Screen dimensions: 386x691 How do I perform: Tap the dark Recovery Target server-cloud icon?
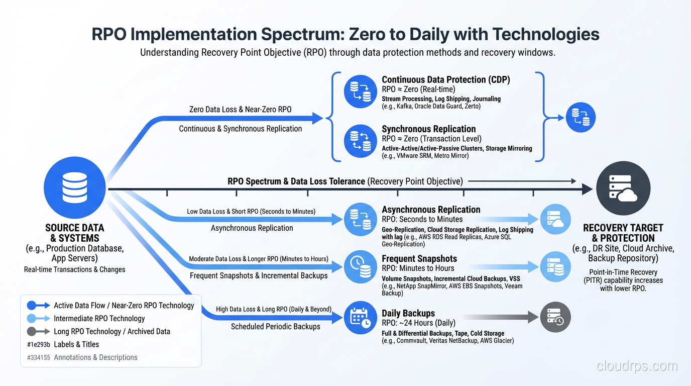623,188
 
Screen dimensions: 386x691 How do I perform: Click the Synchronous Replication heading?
428,129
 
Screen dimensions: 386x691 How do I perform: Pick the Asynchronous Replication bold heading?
431,210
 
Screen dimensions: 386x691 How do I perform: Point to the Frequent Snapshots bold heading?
419,259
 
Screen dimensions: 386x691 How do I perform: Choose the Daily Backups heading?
408,313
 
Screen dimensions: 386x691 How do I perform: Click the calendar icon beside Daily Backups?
360,318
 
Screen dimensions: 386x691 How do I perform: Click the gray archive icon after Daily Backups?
555,317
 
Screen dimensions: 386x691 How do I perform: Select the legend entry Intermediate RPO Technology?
99,318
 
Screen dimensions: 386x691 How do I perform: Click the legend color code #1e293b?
38,344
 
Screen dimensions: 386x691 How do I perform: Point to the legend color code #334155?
38,357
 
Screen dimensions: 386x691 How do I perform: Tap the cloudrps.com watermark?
637,366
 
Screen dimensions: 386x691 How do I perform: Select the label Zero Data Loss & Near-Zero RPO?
240,109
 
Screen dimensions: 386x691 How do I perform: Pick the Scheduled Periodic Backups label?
275,327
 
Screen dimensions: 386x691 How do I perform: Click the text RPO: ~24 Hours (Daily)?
418,323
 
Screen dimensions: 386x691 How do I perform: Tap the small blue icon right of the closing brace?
581,118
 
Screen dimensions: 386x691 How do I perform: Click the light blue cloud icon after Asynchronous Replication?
555,219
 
